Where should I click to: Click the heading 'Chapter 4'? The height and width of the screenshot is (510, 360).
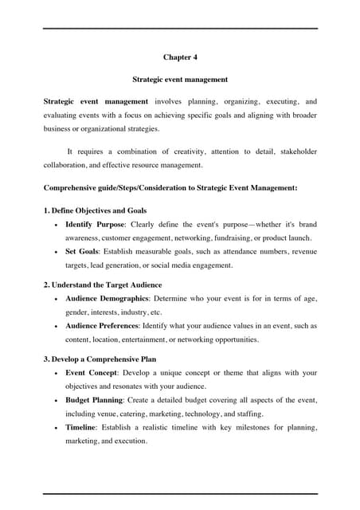[x=180, y=57]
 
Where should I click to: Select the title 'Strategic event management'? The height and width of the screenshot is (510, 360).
[x=180, y=80]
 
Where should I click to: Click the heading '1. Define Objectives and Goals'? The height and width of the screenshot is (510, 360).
[x=95, y=210]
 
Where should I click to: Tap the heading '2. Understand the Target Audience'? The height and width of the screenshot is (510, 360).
[x=102, y=284]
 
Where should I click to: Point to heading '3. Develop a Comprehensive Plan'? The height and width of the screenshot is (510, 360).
[x=100, y=359]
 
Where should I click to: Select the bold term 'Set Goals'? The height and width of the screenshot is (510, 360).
[x=82, y=250]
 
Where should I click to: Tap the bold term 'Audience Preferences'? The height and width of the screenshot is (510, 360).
[x=105, y=325]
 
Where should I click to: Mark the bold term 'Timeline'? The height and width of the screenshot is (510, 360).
[x=81, y=428]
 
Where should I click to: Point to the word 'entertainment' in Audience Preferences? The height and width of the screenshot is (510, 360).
[x=155, y=339]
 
